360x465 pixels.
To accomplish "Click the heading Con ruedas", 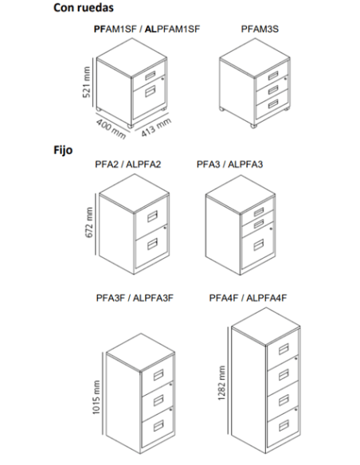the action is click(84, 8).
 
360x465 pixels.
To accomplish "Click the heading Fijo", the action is click(63, 150).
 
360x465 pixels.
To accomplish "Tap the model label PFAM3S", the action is click(260, 29).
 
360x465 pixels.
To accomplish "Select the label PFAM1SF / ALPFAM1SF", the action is click(147, 29).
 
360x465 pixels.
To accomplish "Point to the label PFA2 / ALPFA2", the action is click(127, 164).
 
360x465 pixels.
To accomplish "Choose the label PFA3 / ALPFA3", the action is click(229, 164).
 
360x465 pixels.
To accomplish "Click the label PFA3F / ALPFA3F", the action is click(135, 298).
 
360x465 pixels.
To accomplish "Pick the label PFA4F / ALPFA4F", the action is click(248, 298).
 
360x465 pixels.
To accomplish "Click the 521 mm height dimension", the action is click(86, 82).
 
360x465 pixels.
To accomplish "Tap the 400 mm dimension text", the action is click(111, 129).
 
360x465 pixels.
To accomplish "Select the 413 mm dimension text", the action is click(156, 127).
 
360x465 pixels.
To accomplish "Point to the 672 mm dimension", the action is click(89, 222).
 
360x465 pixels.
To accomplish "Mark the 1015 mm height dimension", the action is click(96, 397).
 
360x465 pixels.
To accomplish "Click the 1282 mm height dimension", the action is click(221, 383).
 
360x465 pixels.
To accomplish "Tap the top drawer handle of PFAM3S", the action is click(273, 76).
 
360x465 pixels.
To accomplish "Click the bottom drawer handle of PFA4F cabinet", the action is click(284, 426).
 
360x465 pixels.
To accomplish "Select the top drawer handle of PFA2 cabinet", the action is click(152, 217).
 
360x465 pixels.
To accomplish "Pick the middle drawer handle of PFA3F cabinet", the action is click(158, 401).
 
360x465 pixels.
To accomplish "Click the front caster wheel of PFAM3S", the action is click(254, 126).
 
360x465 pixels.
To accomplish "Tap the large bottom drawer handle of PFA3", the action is click(258, 245).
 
